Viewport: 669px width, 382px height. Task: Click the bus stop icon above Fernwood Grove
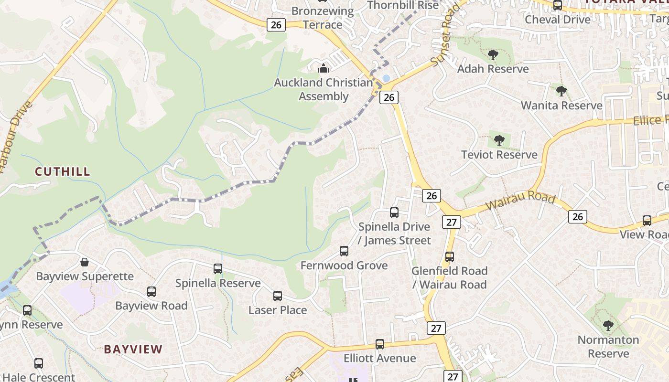point(344,251)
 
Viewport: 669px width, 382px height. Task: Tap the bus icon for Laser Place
point(278,296)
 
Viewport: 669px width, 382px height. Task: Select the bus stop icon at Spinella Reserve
point(218,269)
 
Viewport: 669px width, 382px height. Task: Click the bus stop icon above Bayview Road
point(151,292)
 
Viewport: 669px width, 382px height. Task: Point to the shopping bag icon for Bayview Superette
point(85,262)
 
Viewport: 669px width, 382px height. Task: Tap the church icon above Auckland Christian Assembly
point(324,68)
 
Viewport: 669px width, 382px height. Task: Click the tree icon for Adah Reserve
point(493,55)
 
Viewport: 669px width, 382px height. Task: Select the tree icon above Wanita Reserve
point(561,91)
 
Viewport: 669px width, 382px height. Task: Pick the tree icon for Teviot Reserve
point(499,140)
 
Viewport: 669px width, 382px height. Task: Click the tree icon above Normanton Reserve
point(608,326)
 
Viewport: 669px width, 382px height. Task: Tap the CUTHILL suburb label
point(63,171)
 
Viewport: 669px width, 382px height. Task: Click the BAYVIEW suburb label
point(133,349)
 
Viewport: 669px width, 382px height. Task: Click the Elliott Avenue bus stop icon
point(380,344)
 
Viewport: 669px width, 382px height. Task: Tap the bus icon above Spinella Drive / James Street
point(394,212)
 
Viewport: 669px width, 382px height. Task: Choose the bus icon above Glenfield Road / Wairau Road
point(450,257)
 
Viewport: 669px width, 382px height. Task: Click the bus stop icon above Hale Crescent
point(39,363)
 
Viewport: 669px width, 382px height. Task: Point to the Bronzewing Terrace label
point(323,18)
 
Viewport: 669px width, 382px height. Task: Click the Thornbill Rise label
point(403,5)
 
